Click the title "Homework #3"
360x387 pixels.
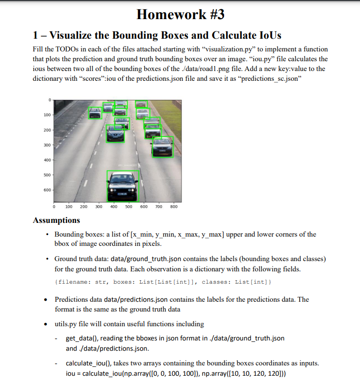[180, 14]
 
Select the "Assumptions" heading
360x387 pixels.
[56, 220]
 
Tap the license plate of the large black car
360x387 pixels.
[122, 194]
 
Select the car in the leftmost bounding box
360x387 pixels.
[95, 113]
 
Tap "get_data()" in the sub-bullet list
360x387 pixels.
[83, 339]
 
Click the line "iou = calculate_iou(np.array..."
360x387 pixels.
[176, 373]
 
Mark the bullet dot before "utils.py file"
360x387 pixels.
[46, 324]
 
